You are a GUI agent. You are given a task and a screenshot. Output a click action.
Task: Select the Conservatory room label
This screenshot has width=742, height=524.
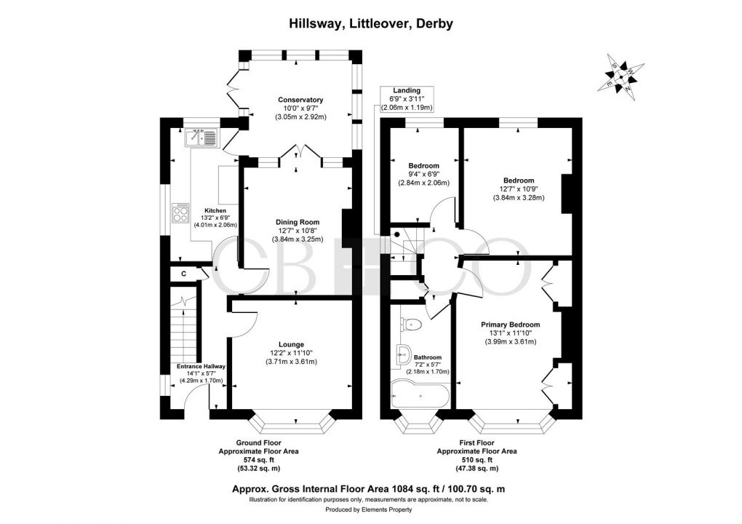(300, 100)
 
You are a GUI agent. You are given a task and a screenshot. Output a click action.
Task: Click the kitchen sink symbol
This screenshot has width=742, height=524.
(202, 137)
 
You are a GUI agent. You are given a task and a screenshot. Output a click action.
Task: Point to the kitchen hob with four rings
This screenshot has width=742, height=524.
(180, 213)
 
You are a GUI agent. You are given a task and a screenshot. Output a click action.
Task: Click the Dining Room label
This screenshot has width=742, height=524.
(297, 222)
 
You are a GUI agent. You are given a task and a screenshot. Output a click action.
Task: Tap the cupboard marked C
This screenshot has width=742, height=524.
(183, 274)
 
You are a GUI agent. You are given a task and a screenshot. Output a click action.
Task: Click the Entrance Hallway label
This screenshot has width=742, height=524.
(202, 366)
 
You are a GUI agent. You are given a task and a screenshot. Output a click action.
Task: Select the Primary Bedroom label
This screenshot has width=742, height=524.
(510, 325)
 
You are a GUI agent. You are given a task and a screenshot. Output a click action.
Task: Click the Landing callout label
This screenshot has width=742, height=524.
(407, 90)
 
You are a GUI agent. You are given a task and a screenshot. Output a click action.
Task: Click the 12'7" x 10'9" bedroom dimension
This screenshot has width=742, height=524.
(518, 189)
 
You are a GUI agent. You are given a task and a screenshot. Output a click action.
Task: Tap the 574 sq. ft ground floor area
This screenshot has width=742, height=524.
(258, 459)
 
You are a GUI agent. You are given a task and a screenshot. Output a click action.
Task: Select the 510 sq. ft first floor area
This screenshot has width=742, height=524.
(477, 459)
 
